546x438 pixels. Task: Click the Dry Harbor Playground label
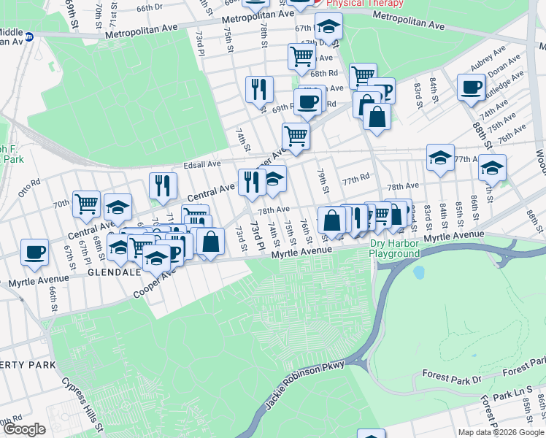[394, 248]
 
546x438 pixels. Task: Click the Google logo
[23, 429]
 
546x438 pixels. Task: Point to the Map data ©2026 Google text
[500, 432]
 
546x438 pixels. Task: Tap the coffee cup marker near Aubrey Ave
[470, 88]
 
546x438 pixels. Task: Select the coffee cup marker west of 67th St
[34, 253]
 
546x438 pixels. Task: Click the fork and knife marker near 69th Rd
[259, 89]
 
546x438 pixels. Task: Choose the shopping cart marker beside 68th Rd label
[301, 55]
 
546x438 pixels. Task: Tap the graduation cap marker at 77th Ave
[440, 158]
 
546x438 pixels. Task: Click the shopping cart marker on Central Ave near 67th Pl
[86, 204]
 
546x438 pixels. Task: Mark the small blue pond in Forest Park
[418, 273]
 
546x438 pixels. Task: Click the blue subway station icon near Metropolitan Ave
[29, 36]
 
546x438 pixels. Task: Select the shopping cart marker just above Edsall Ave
[296, 136]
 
